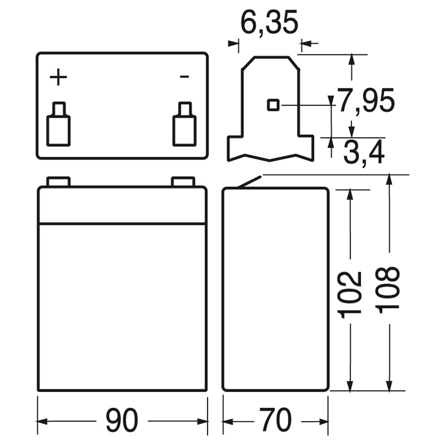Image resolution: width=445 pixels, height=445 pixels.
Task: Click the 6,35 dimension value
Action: (269, 22)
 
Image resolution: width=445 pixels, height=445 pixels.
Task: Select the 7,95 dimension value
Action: (365, 100)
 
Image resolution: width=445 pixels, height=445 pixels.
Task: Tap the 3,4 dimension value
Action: (364, 152)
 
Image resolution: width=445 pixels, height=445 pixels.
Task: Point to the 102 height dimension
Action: (350, 295)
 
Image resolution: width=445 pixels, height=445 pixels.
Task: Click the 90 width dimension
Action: (122, 420)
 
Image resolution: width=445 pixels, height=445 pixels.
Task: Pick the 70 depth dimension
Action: (275, 420)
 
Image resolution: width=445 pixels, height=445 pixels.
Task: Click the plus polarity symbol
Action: (58, 77)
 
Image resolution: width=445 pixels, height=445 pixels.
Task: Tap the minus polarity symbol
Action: (185, 76)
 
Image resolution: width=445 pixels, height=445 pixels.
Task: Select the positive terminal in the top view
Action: (58, 124)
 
